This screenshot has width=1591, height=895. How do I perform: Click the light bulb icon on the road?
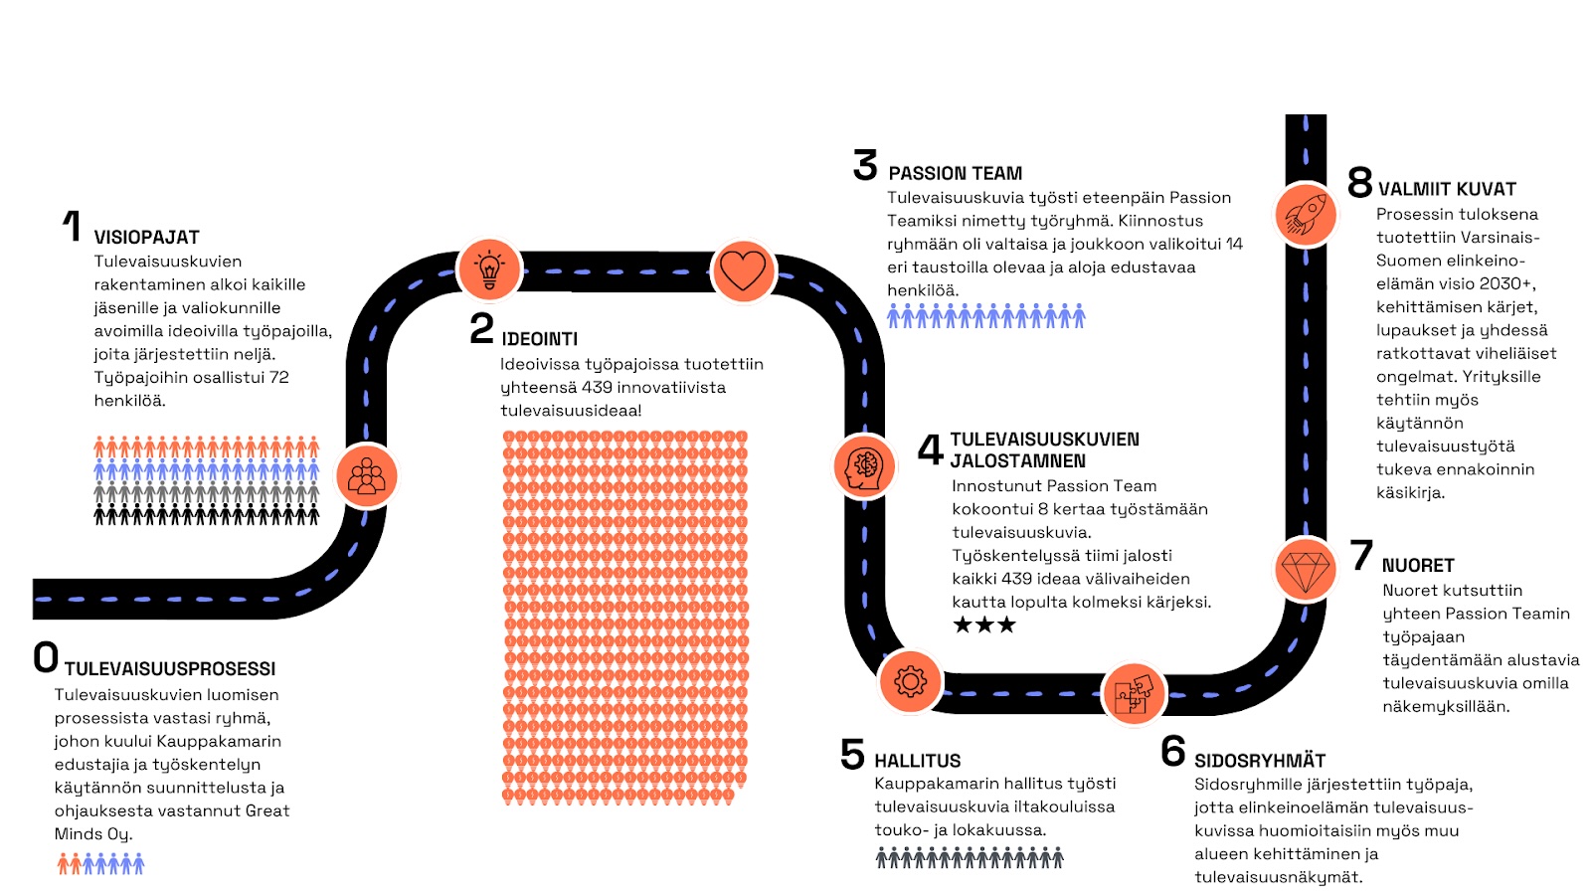click(489, 269)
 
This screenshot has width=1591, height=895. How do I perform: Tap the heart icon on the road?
click(743, 269)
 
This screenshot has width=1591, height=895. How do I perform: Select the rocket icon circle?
click(1306, 214)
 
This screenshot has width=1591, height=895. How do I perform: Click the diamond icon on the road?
click(1306, 570)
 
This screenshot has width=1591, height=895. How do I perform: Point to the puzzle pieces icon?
click(1134, 693)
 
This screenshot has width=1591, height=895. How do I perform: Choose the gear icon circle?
click(910, 681)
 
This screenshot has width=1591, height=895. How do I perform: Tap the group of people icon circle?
click(367, 476)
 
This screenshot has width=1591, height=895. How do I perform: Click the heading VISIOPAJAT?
click(146, 238)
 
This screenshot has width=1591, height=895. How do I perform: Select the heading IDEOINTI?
click(539, 339)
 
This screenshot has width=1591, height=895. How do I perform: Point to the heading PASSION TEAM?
click(955, 173)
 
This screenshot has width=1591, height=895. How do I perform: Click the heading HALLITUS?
click(917, 761)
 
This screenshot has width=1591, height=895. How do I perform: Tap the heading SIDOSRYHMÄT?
click(1260, 761)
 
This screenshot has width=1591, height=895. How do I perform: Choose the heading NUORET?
click(1418, 566)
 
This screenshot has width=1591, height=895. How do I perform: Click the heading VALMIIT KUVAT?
click(1447, 189)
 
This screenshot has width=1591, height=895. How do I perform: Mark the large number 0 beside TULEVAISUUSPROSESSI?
click(46, 657)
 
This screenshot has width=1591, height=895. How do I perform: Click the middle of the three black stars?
click(984, 625)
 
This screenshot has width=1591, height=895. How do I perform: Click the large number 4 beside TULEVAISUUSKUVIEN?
click(930, 449)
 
